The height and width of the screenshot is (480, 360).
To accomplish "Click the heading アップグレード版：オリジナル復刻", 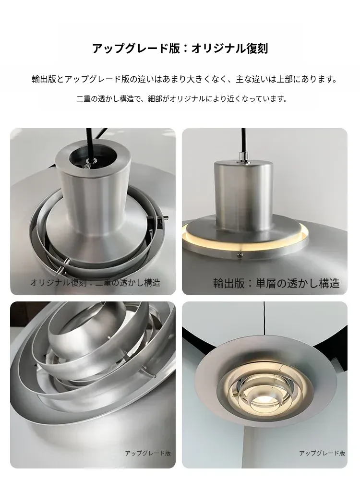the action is (x=180, y=48).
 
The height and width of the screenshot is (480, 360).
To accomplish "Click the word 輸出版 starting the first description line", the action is (x=44, y=79).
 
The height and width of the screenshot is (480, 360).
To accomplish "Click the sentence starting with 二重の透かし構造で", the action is (x=182, y=99).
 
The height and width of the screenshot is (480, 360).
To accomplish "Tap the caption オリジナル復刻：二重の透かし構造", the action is (x=95, y=282).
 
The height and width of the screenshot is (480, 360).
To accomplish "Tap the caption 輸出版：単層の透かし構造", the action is (x=276, y=283).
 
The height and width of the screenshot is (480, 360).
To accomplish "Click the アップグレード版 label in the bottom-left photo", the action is (x=148, y=453).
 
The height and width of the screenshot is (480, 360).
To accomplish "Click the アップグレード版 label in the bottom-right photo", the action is (x=322, y=453).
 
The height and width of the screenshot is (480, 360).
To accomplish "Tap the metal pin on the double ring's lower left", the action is (x=63, y=265).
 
